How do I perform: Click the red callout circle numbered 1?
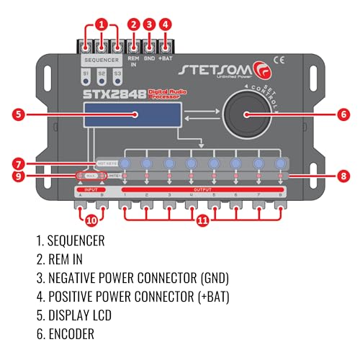coord(102,23)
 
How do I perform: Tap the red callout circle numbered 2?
coord(132,24)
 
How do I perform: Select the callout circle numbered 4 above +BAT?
coord(165,24)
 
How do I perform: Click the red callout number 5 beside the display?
coord(19,113)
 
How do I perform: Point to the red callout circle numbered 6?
coord(342,113)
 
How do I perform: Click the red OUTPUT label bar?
coord(204,189)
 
